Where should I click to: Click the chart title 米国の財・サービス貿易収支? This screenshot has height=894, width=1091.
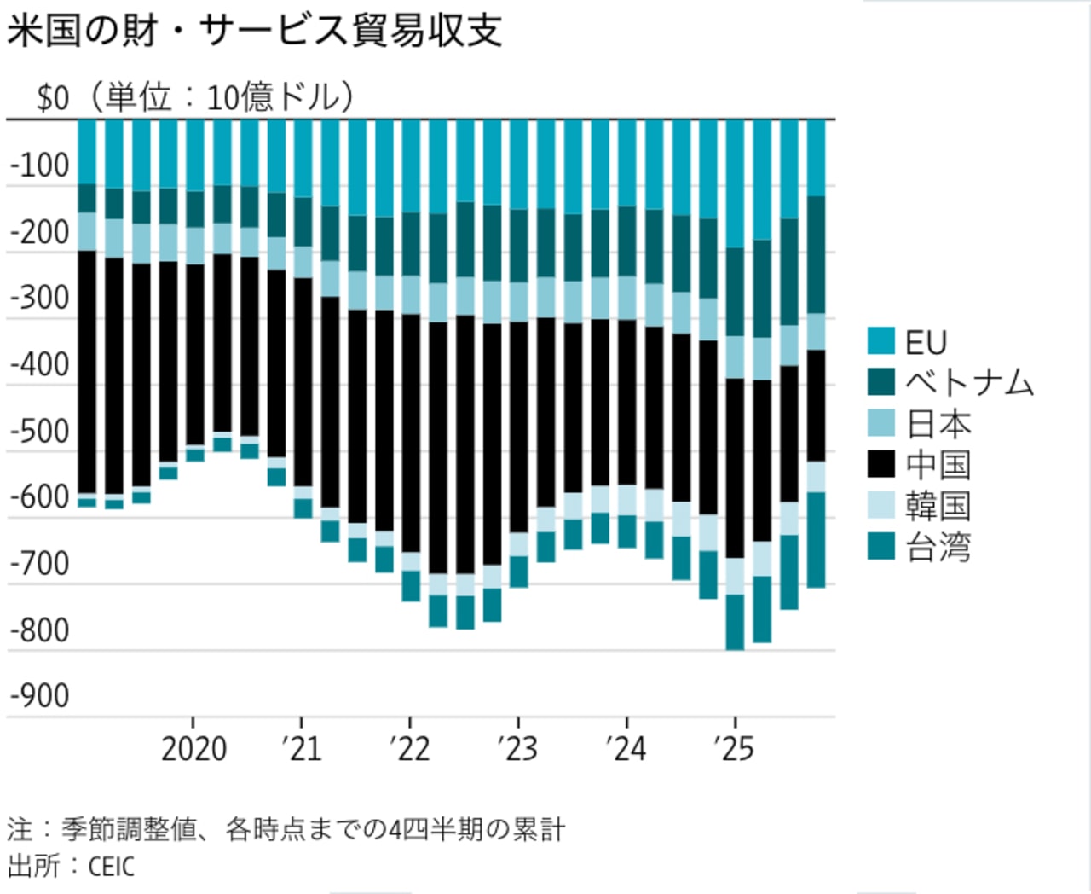click(x=254, y=31)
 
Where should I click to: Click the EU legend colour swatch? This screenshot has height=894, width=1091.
click(x=880, y=341)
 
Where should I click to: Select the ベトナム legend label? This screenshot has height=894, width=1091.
click(x=969, y=382)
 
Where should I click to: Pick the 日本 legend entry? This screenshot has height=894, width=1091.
click(x=938, y=424)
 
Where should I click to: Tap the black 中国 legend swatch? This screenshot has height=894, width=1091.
click(x=880, y=465)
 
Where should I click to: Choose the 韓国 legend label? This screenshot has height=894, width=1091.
click(x=938, y=506)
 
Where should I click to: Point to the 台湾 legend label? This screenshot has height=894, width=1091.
click(x=938, y=547)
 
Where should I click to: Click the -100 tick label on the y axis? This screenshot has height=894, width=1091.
click(x=39, y=165)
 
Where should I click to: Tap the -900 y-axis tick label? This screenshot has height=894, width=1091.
click(x=39, y=696)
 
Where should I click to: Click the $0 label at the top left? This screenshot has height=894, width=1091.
click(x=53, y=98)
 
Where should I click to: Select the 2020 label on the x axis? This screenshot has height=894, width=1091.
click(x=193, y=749)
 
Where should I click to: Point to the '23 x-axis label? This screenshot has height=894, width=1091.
click(x=517, y=749)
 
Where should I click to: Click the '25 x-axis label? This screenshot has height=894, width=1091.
click(x=734, y=749)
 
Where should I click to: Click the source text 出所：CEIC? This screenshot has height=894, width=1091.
click(x=72, y=866)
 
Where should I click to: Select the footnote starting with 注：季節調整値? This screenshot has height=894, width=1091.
click(x=286, y=829)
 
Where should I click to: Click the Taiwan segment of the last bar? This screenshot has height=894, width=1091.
click(x=816, y=539)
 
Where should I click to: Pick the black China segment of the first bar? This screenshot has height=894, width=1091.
click(x=87, y=371)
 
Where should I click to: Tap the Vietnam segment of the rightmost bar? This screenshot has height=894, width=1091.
click(x=816, y=254)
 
